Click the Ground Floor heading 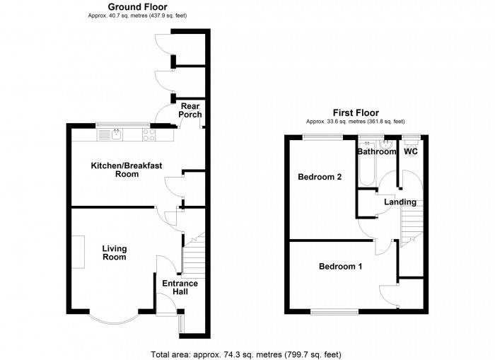pyautogui.click(x=137, y=7)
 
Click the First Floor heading pyautogui.click(x=356, y=112)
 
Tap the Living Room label pyautogui.click(x=114, y=252)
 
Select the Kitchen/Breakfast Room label pyautogui.click(x=127, y=170)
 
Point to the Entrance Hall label pyautogui.click(x=180, y=288)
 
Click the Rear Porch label pyautogui.click(x=190, y=110)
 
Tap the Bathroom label pyautogui.click(x=376, y=151)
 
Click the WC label pyautogui.click(x=409, y=151)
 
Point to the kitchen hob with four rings pyautogui.click(x=150, y=132)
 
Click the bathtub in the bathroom pyautogui.click(x=366, y=170)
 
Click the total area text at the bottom pyautogui.click(x=250, y=354)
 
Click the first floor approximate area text pyautogui.click(x=356, y=121)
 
